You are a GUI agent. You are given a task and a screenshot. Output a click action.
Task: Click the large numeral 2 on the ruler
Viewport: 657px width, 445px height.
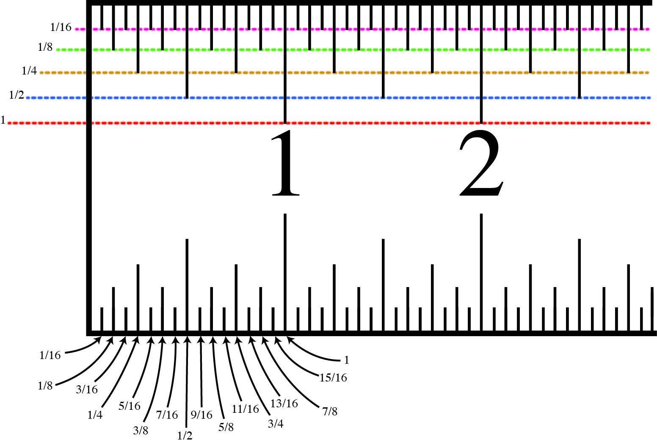pyautogui.click(x=481, y=163)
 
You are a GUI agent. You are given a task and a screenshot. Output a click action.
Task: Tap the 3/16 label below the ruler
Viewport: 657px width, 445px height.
pyautogui.click(x=86, y=390)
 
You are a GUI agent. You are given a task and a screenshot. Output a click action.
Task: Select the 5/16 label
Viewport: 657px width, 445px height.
pyautogui.click(x=129, y=406)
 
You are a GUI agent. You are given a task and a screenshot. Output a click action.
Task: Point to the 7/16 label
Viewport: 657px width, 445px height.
pyautogui.click(x=167, y=415)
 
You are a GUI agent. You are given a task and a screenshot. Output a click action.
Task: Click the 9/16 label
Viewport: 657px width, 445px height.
pyautogui.click(x=201, y=415)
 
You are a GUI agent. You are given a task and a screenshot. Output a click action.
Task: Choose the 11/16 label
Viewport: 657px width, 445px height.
pyautogui.click(x=245, y=409)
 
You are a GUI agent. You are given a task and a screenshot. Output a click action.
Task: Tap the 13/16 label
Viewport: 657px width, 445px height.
pyautogui.click(x=284, y=404)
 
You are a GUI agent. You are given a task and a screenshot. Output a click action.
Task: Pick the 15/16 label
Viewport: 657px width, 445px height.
pyautogui.click(x=333, y=378)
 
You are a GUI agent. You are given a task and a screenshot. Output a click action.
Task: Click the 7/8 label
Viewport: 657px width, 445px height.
pyautogui.click(x=329, y=411)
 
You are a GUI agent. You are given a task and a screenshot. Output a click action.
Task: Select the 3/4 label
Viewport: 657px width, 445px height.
pyautogui.click(x=276, y=424)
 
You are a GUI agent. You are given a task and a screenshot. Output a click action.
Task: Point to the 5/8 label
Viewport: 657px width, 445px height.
pyautogui.click(x=226, y=427)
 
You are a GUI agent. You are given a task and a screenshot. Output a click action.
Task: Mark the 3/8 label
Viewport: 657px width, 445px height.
pyautogui.click(x=140, y=431)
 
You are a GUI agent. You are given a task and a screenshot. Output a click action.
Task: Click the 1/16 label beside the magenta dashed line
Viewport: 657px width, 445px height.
pyautogui.click(x=61, y=28)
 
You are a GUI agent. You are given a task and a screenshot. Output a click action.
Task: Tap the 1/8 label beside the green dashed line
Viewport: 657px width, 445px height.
pyautogui.click(x=45, y=47)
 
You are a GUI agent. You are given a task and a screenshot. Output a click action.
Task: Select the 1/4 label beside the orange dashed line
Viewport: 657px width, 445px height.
pyautogui.click(x=29, y=71)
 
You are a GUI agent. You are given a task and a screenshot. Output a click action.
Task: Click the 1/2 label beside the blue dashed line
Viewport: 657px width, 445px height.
pyautogui.click(x=16, y=95)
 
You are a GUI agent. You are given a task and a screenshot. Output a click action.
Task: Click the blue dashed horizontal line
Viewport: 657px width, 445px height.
pyautogui.click(x=339, y=98)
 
